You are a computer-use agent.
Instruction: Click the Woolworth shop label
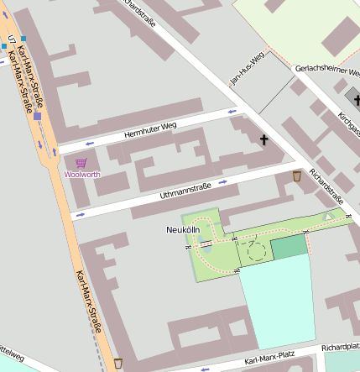pyautogui.click(x=82, y=175)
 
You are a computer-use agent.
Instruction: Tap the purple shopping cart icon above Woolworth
pyautogui.click(x=81, y=163)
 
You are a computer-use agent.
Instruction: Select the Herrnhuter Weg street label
pyautogui.click(x=151, y=129)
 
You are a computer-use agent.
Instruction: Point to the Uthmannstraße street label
pyautogui.click(x=185, y=191)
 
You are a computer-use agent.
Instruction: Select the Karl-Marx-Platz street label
pyautogui.click(x=269, y=360)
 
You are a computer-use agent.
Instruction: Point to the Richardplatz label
pyautogui.click(x=340, y=346)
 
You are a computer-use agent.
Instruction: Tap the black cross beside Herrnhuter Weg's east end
pyautogui.click(x=264, y=139)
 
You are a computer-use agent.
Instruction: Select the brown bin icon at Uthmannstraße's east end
pyautogui.click(x=297, y=176)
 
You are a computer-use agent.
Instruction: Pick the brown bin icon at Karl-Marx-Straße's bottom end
pyautogui.click(x=118, y=363)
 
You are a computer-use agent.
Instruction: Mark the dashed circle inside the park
pyautogui.click(x=257, y=250)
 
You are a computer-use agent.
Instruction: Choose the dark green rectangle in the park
pyautogui.click(x=290, y=246)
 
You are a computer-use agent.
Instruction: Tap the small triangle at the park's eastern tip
pyautogui.click(x=328, y=217)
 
